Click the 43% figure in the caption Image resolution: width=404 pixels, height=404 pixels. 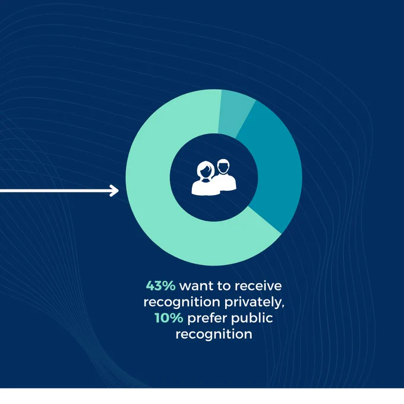click(x=160, y=286)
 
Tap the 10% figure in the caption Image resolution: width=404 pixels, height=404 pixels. click(x=169, y=318)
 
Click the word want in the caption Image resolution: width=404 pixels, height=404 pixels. click(x=196, y=286)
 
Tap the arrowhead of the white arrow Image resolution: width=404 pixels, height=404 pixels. click(x=115, y=191)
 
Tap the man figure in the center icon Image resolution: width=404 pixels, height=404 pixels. click(x=225, y=175)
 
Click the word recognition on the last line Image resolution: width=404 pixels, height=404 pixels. click(x=214, y=334)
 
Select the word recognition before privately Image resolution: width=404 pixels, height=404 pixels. click(x=182, y=302)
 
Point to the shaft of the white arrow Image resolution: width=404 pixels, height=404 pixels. click(x=56, y=191)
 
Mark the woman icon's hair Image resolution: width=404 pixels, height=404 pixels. click(x=206, y=168)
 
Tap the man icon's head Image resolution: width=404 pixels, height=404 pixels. click(x=223, y=166)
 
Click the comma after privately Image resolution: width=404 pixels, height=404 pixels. click(x=283, y=306)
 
